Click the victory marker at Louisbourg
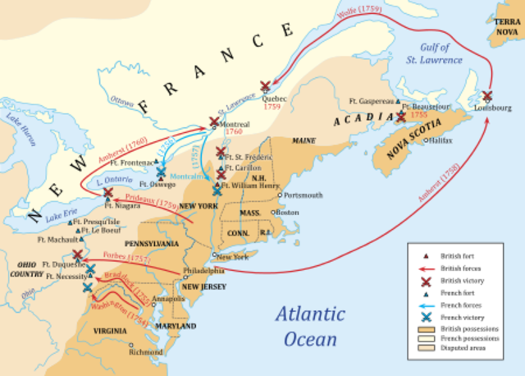[488, 95]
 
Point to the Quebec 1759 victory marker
[265, 85]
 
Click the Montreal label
[237, 124]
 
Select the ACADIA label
[359, 121]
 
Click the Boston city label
[287, 213]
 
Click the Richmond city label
[145, 352]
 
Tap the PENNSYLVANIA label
[151, 244]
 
